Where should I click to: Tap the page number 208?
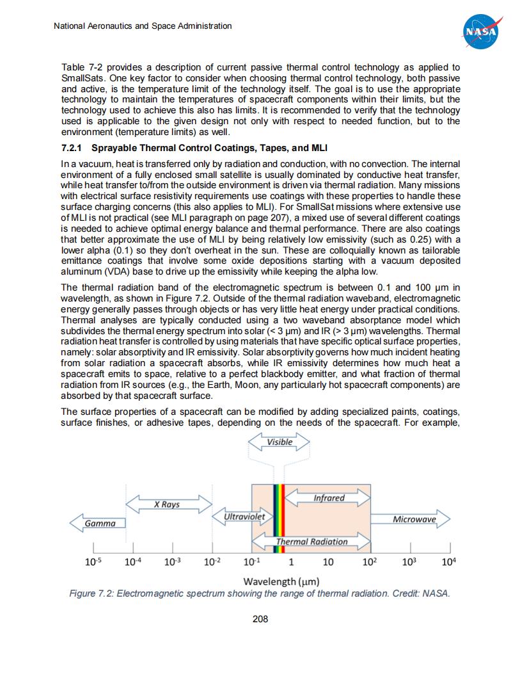point(260,619)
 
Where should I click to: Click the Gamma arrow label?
point(99,524)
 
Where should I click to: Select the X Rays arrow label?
point(167,504)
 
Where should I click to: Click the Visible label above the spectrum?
point(280,442)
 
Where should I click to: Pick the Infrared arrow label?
point(329,497)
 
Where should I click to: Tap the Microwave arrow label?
point(414,519)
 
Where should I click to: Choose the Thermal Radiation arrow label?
point(312,542)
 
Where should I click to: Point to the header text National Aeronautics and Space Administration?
point(142,26)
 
